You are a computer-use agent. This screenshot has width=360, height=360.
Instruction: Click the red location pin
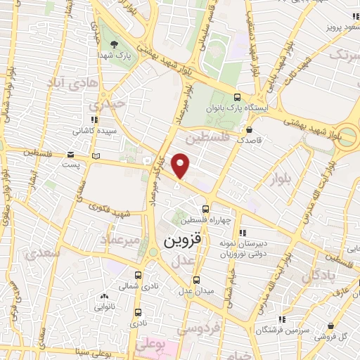(181, 166)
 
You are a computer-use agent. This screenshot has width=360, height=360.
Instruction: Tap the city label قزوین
(181, 240)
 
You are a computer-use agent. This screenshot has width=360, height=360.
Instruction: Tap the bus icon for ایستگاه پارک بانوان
(238, 97)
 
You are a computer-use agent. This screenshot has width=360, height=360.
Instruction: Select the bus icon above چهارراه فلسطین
(205, 208)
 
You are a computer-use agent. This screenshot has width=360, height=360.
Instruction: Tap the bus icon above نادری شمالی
(138, 276)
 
